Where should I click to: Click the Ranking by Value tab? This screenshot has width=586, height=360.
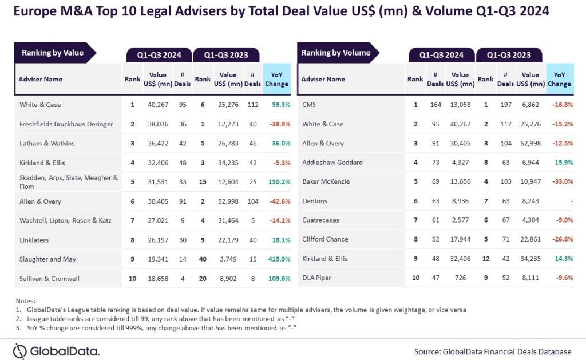click(53, 53)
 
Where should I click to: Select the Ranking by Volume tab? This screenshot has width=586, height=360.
click(336, 53)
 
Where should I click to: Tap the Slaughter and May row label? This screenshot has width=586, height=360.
click(47, 259)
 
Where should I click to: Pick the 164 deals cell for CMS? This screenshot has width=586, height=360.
click(435, 105)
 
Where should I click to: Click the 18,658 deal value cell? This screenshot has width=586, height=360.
click(158, 278)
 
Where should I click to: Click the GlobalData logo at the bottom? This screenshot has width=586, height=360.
click(56, 351)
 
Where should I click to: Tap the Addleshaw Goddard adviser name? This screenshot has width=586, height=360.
click(332, 163)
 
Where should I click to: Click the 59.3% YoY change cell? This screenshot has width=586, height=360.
click(278, 105)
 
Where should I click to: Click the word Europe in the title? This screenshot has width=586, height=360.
click(35, 11)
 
